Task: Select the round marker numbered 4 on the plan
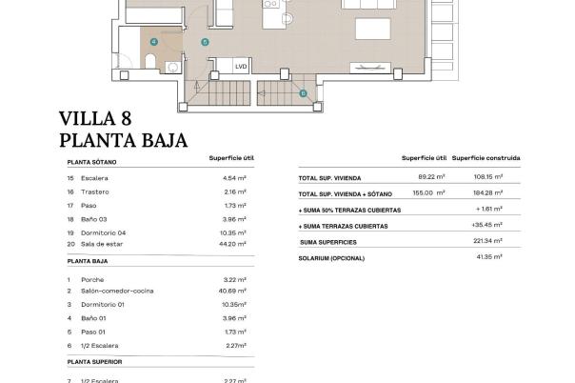coord(153,42)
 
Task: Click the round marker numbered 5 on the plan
coord(205,43)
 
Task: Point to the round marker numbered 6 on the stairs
coord(303,92)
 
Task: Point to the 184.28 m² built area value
coord(488,192)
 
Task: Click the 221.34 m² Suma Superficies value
coord(488,242)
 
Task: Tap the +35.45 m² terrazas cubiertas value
coord(487,226)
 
